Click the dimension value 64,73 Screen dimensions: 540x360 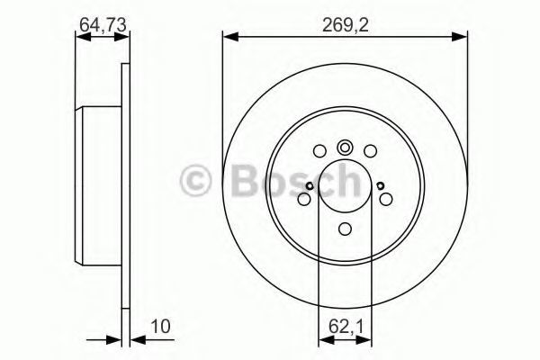pos(103,25)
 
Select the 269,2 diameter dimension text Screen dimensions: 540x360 pos(346,25)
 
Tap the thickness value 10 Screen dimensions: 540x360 pos(160,326)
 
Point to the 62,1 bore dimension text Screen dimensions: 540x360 pos(346,327)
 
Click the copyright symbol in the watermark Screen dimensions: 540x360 pos(196,181)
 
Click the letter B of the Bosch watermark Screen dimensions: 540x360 pos(246,180)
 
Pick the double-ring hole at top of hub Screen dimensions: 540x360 pos(345,148)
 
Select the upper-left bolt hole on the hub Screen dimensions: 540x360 pos(319,151)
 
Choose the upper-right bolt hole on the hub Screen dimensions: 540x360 pos(370,151)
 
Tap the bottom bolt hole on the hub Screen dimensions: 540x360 pos(345,229)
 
